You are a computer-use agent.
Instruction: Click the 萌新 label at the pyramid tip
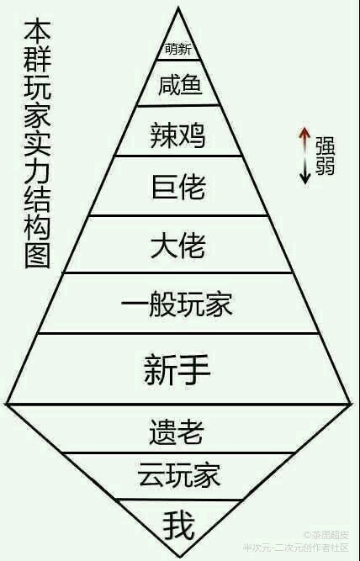click(x=178, y=49)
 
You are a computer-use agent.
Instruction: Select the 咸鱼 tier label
click(x=180, y=85)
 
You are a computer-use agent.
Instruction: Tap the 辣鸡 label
click(x=177, y=135)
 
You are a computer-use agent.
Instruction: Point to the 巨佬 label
click(x=178, y=187)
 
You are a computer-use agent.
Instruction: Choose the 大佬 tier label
click(x=178, y=246)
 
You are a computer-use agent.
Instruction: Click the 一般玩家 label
click(x=177, y=304)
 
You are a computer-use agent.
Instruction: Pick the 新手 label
click(x=177, y=369)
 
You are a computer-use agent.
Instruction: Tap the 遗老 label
click(x=177, y=431)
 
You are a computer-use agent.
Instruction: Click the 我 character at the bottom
click(x=179, y=525)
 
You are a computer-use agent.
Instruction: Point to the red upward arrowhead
click(x=304, y=132)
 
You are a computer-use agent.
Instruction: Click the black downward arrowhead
click(x=304, y=178)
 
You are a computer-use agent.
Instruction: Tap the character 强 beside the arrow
click(x=325, y=146)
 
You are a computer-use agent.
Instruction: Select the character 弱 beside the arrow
click(x=325, y=166)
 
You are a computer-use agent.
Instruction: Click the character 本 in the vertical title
click(x=37, y=30)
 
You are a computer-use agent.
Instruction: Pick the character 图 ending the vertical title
click(x=37, y=256)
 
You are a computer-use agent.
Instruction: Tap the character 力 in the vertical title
click(x=37, y=171)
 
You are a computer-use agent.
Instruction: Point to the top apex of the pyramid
click(x=177, y=8)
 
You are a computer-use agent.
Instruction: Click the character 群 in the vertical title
click(x=37, y=58)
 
